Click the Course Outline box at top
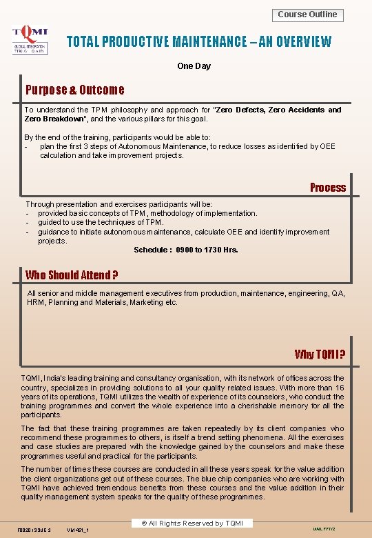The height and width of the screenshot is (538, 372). [308, 14]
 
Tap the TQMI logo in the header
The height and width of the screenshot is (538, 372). [30, 41]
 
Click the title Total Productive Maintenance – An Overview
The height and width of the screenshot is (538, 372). [198, 42]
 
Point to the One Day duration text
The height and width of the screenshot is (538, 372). [194, 66]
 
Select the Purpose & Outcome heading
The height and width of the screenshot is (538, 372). [75, 90]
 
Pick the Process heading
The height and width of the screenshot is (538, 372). [327, 188]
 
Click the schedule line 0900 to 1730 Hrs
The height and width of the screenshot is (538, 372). [186, 250]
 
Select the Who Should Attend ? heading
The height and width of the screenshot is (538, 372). [72, 275]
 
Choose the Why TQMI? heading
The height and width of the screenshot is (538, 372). [320, 355]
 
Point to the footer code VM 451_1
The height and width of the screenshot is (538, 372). [81, 529]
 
